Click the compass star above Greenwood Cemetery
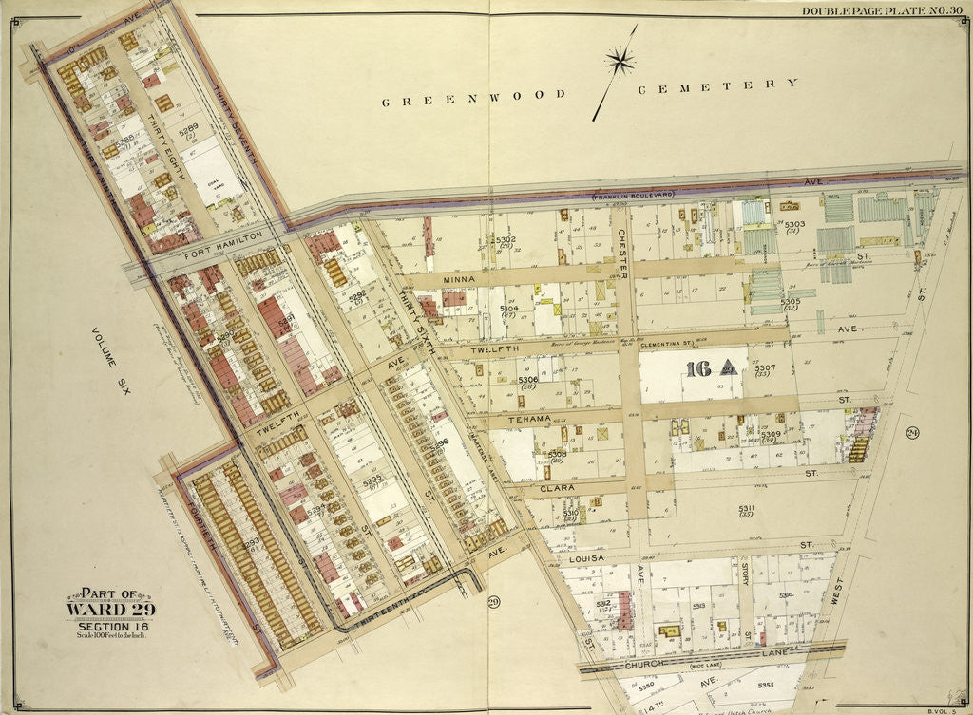620,64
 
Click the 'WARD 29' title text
110,609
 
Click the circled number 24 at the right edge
912,433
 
